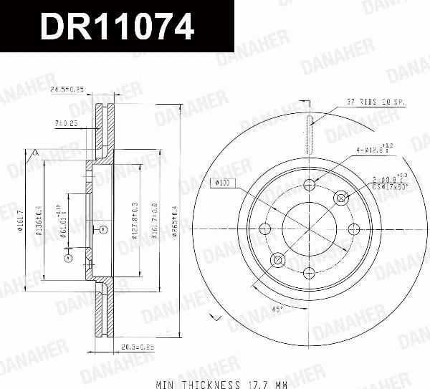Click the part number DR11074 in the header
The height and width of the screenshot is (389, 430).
(116, 27)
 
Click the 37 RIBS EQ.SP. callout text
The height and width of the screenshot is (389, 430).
(376, 102)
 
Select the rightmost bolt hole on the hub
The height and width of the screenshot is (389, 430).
(353, 229)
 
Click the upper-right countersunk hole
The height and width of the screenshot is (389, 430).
(340, 197)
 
